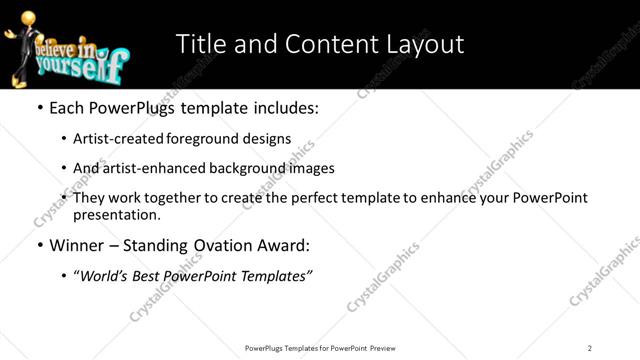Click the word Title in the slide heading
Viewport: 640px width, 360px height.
tap(201, 45)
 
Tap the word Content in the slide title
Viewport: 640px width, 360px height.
tap(322, 45)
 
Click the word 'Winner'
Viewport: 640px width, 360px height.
tap(78, 244)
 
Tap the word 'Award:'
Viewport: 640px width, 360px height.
tap(282, 244)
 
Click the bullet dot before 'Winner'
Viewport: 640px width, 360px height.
tap(39, 244)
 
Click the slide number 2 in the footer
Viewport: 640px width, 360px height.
tap(590, 348)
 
